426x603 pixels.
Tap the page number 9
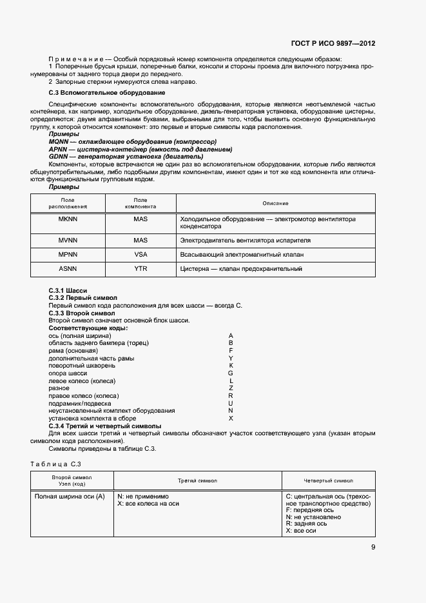click(373, 548)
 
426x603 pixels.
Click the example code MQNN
click(58, 141)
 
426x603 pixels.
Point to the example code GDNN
click(58, 156)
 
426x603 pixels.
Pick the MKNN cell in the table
click(68, 219)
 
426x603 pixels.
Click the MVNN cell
click(68, 241)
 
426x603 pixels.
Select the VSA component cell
click(140, 255)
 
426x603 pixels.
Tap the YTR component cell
click(140, 269)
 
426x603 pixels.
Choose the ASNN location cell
click(68, 269)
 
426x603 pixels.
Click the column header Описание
click(275, 204)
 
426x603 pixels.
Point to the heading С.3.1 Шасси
click(68, 291)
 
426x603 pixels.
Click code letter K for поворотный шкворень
click(231, 366)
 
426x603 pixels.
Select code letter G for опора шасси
click(231, 373)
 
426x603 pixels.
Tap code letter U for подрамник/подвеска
click(231, 403)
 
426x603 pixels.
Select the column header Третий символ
click(198, 481)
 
